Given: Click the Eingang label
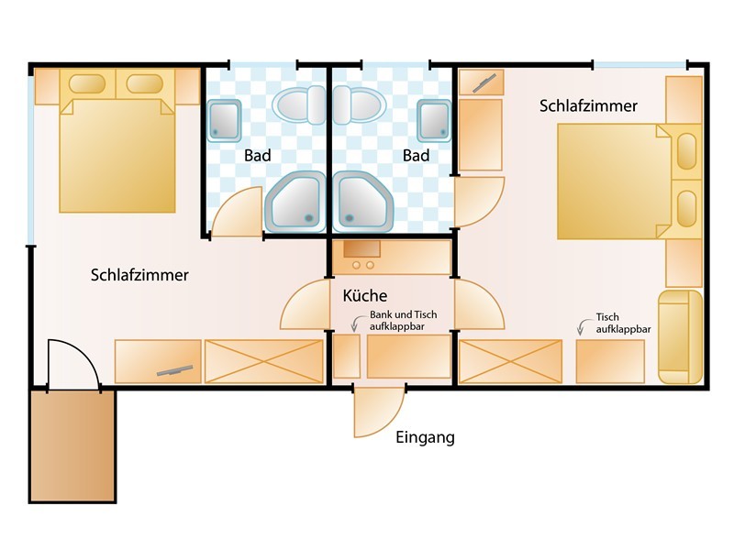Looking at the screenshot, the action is tap(425, 438).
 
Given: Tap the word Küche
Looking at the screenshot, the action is tap(364, 295).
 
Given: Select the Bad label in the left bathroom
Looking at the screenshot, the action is tap(258, 155).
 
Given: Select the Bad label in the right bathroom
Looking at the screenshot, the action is tap(417, 155).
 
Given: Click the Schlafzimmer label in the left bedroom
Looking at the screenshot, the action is tap(139, 275).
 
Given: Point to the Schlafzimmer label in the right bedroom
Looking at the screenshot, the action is tap(588, 105).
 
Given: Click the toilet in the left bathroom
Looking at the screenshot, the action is tap(299, 104).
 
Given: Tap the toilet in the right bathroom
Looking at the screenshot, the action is tap(360, 104).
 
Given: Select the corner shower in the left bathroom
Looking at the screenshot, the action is tap(295, 202).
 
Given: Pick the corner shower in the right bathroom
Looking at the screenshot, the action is tap(362, 202).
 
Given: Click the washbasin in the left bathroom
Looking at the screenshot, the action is tap(224, 121).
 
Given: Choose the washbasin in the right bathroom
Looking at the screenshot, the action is tap(434, 121).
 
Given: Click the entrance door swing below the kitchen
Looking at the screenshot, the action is tap(379, 412).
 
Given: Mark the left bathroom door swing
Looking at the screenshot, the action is tap(237, 212).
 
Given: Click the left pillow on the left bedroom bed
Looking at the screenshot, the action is tap(87, 84).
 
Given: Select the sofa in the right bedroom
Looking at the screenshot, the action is tap(681, 336).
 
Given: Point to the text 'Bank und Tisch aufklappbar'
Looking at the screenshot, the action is tap(403, 320).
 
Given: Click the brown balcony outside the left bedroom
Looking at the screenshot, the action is tap(72, 445).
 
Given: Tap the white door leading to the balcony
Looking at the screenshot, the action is tap(73, 364).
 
